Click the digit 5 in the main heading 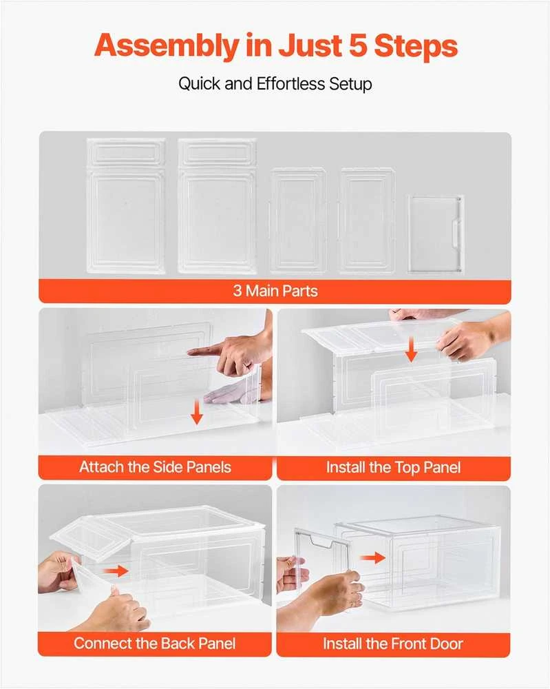359,45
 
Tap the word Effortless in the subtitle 291,83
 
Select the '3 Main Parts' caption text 275,291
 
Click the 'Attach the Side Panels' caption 155,467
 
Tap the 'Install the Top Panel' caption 393,468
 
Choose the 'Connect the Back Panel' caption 154,644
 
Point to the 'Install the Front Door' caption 393,644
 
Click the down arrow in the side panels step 197,412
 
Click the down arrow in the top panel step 411,350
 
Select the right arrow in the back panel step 116,571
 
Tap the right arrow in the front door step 372,558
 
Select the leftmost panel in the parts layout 126,205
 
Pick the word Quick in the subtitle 200,84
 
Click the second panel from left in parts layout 217,205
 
